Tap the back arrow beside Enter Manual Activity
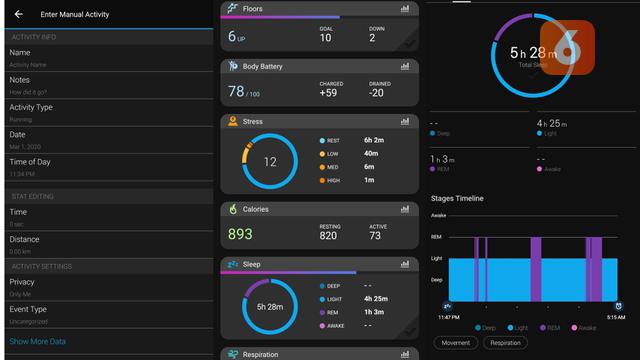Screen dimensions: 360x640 tap(19, 14)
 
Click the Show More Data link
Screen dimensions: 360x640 tap(38, 341)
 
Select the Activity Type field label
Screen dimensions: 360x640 tap(31, 107)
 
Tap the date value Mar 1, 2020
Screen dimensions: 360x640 tap(24, 145)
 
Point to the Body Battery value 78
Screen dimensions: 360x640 tap(236, 91)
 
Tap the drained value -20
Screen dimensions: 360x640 tap(376, 93)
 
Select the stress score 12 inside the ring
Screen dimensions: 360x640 tap(270, 161)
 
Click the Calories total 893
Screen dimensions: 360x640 tap(240, 234)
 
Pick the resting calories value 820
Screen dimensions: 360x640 tap(329, 235)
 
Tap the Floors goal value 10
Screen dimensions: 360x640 tap(325, 38)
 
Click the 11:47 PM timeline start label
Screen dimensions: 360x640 tap(448, 316)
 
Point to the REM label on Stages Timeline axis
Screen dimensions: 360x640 tap(438, 236)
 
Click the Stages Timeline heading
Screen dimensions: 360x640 tap(457, 198)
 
